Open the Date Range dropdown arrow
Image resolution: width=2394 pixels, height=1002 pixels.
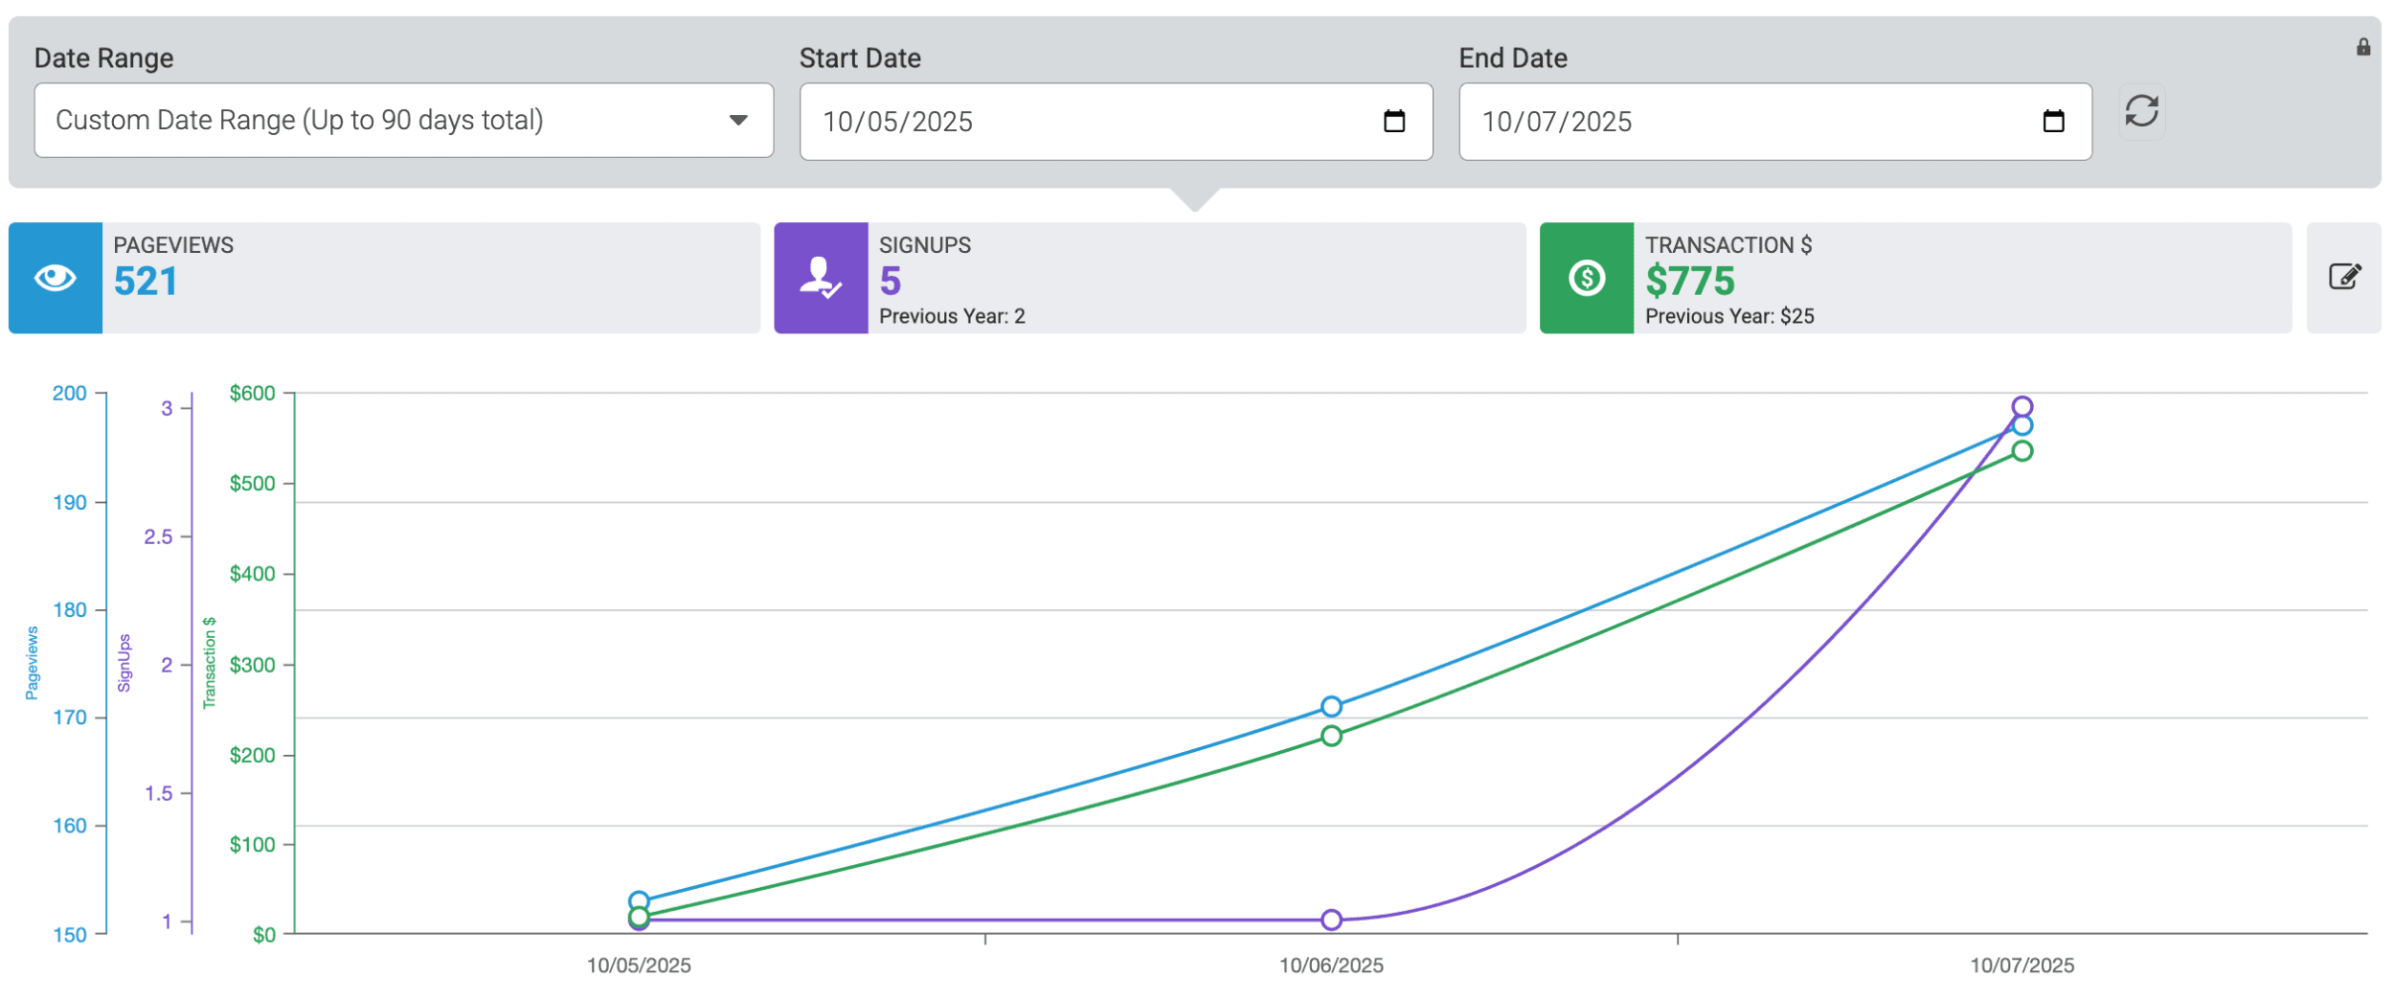point(737,121)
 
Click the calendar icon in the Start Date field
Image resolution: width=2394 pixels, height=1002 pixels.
point(1393,122)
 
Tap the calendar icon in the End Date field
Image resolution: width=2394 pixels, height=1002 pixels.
point(2052,122)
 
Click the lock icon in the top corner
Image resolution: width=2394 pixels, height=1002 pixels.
point(2362,47)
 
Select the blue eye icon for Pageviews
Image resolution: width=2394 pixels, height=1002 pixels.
point(56,279)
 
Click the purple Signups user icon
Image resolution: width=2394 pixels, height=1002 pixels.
point(821,279)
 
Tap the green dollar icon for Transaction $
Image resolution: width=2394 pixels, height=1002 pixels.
point(1586,279)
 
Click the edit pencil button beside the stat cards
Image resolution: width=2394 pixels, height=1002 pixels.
point(2343,278)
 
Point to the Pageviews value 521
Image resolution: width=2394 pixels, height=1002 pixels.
point(146,282)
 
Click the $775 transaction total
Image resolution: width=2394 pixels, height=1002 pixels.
point(1689,282)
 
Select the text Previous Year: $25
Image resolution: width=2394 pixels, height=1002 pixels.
point(1728,317)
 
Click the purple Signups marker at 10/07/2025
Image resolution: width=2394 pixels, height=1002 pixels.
point(2021,407)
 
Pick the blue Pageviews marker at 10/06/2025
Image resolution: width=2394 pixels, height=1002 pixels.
point(1331,707)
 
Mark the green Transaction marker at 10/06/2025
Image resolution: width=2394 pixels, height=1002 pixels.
point(1331,737)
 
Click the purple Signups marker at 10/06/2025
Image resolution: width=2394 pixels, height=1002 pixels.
point(1331,921)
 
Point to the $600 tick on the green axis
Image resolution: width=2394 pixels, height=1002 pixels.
point(253,394)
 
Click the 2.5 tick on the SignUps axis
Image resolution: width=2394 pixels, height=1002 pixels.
point(159,537)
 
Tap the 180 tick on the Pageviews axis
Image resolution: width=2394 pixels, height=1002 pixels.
point(70,610)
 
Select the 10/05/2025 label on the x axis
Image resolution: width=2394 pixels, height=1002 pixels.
point(639,966)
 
